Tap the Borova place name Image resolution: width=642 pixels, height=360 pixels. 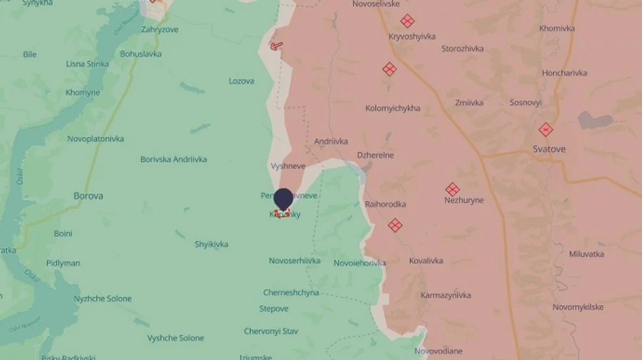pyautogui.click(x=88, y=195)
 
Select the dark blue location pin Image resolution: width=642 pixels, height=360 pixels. pyautogui.click(x=283, y=200)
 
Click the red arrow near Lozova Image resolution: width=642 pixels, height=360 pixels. pyautogui.click(x=276, y=46)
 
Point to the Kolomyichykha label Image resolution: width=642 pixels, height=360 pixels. pyautogui.click(x=392, y=108)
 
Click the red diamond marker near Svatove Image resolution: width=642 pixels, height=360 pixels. pyautogui.click(x=546, y=130)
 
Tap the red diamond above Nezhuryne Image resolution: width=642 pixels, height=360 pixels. pyautogui.click(x=452, y=190)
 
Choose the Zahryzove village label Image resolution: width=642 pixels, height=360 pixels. pyautogui.click(x=160, y=29)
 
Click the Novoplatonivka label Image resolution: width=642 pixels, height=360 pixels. pyautogui.click(x=96, y=138)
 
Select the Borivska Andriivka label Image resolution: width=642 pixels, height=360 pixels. pyautogui.click(x=173, y=159)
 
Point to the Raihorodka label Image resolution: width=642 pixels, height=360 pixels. pyautogui.click(x=385, y=204)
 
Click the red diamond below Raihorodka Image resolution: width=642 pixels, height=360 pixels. pyautogui.click(x=394, y=225)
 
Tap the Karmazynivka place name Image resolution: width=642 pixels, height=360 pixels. pyautogui.click(x=446, y=295)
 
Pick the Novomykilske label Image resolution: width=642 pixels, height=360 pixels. pyautogui.click(x=578, y=307)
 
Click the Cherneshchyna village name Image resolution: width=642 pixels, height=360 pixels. pyautogui.click(x=291, y=292)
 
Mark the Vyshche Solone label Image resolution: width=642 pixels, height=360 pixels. pyautogui.click(x=175, y=338)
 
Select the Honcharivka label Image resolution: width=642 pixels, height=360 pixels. pyautogui.click(x=564, y=73)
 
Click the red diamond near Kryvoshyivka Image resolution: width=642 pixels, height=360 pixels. pyautogui.click(x=407, y=21)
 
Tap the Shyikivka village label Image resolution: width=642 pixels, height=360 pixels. pyautogui.click(x=211, y=244)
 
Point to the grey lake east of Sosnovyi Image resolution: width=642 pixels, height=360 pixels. pyautogui.click(x=595, y=120)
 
